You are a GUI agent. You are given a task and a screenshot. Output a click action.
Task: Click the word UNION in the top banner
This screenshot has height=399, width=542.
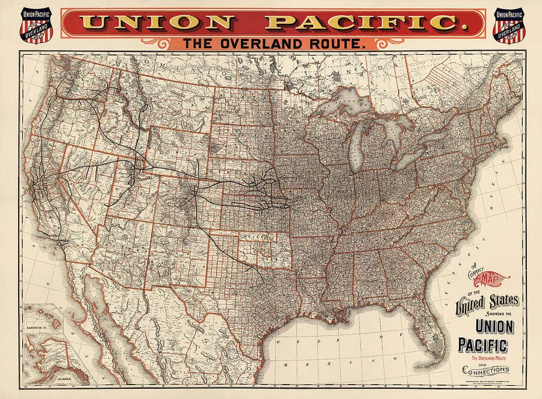158,23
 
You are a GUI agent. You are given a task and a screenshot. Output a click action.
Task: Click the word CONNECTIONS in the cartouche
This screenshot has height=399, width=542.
485,368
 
